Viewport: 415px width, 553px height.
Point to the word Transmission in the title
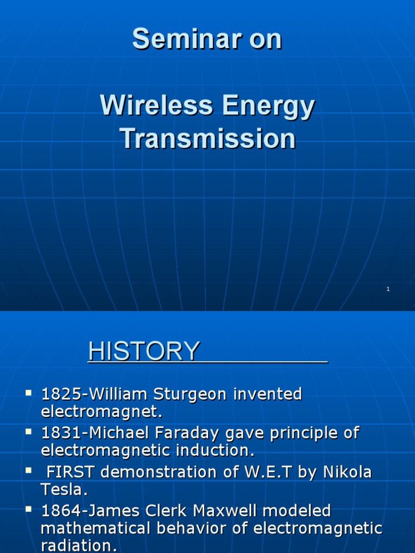(x=207, y=138)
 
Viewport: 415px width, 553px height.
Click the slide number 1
(x=388, y=289)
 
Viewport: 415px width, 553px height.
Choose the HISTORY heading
(x=144, y=352)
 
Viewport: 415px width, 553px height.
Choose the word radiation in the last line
(x=76, y=545)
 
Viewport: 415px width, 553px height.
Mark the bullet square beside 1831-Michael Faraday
(x=29, y=431)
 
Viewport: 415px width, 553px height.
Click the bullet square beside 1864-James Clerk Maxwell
(x=29, y=509)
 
